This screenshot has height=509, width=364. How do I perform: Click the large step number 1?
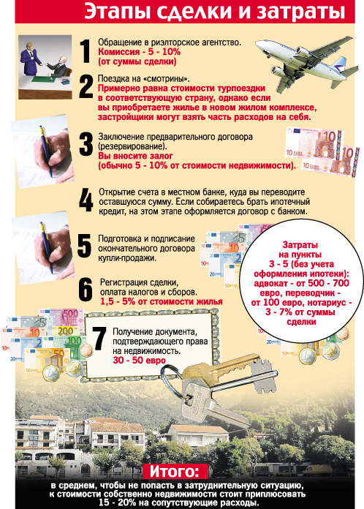point(86,51)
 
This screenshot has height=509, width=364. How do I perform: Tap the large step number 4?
point(86,200)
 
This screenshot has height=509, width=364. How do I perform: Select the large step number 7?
point(99,339)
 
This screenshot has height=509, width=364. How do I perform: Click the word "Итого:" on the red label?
point(174,472)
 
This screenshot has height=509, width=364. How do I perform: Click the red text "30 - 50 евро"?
point(139,360)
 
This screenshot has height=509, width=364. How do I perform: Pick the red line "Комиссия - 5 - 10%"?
point(139,52)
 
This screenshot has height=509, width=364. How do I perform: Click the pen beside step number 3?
point(46,151)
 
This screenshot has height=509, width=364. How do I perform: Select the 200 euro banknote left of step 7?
point(66,331)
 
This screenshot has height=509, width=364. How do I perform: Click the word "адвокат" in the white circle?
point(273,283)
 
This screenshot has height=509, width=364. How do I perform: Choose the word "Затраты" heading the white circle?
point(300,244)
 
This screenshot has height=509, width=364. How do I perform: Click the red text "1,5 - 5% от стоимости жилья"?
point(162,301)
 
